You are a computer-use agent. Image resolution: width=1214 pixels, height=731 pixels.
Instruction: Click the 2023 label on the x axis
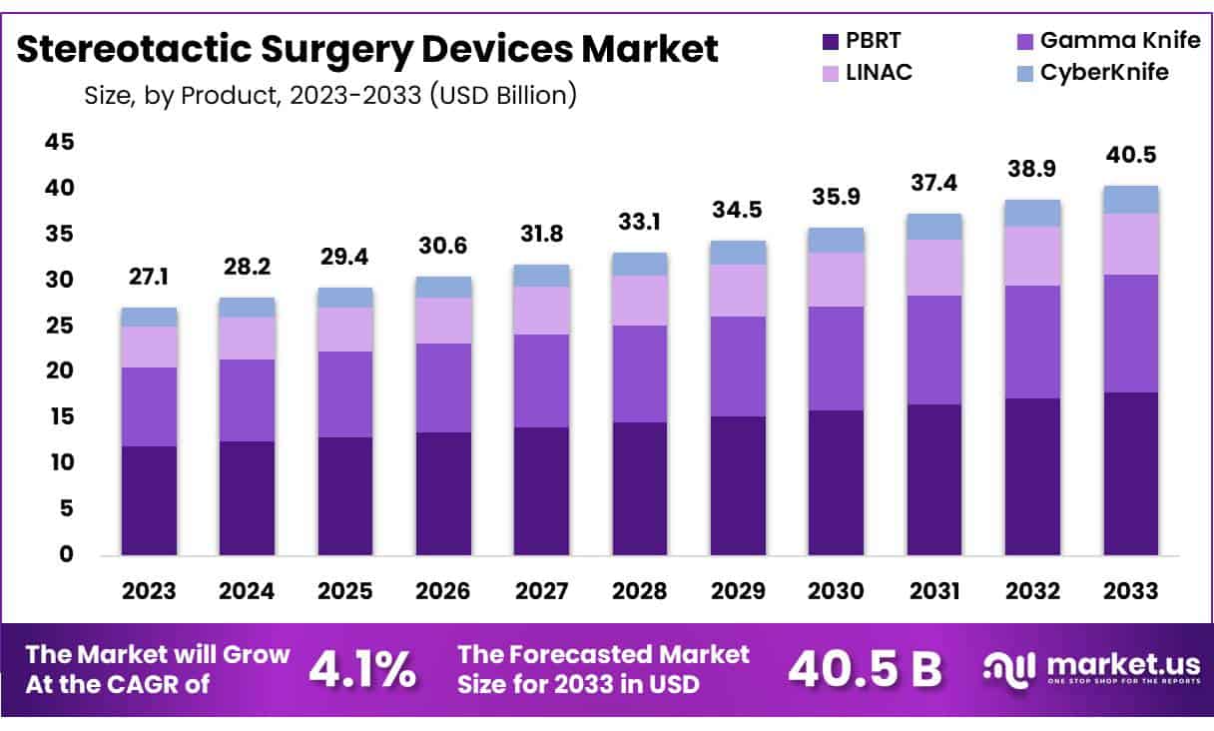(149, 590)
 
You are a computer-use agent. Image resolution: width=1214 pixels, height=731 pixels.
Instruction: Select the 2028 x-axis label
(640, 590)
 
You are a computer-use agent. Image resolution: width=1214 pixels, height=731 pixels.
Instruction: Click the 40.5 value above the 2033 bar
(1130, 156)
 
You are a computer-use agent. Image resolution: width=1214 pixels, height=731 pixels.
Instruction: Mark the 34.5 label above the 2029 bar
(738, 212)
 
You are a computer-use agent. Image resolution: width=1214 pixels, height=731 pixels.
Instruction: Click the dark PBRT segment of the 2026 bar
(443, 493)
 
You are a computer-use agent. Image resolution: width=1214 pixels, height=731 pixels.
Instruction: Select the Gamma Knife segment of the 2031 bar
(934, 350)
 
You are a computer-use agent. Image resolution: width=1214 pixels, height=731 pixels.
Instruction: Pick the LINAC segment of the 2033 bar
(1130, 244)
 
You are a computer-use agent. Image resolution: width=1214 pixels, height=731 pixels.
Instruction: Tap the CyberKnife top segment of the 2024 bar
(247, 308)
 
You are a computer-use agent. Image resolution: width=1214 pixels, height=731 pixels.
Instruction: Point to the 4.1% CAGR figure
(362, 670)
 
